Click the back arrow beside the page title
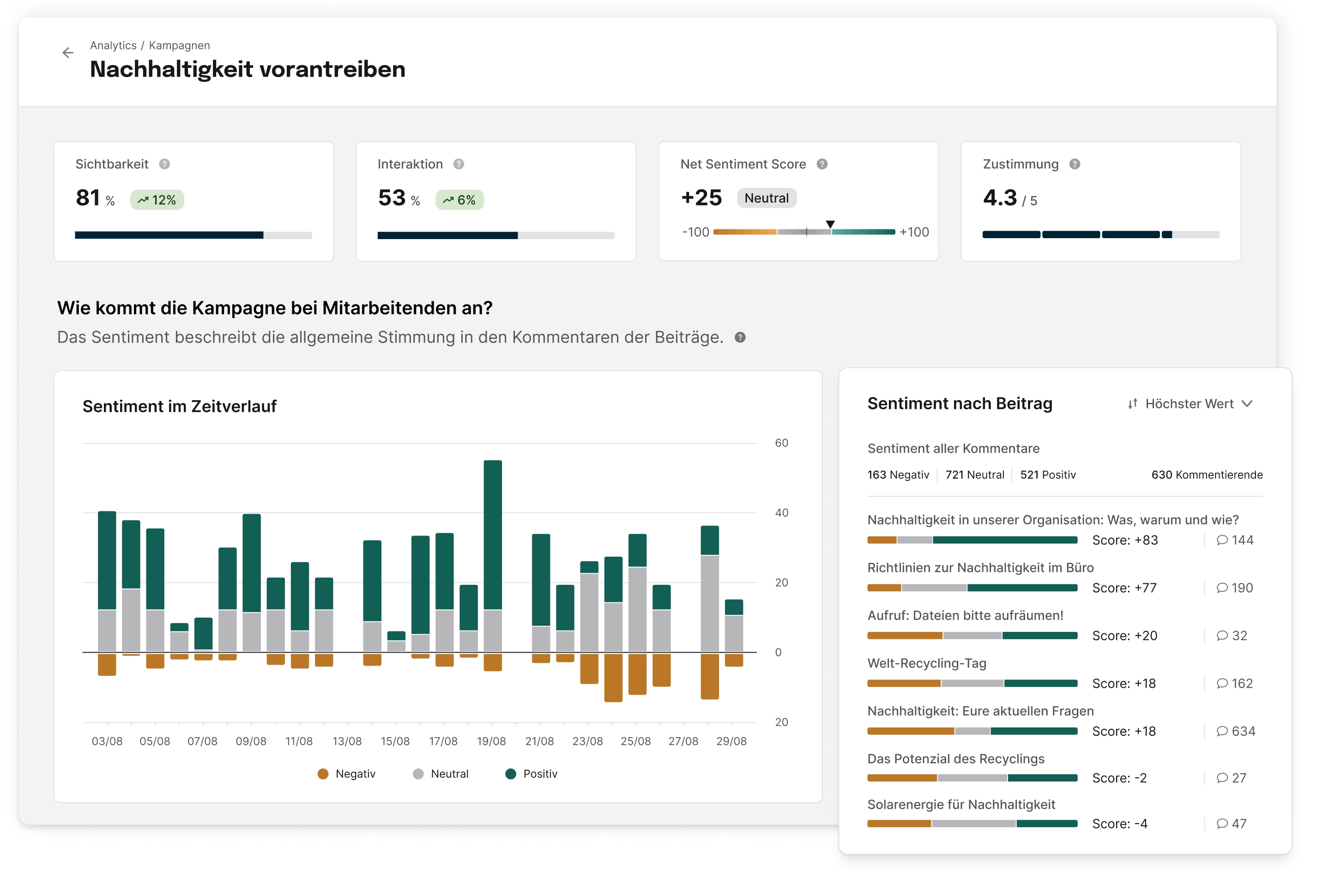pyautogui.click(x=68, y=53)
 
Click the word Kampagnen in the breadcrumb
pyautogui.click(x=179, y=45)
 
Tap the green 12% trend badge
pyautogui.click(x=157, y=200)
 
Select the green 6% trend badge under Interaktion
pyautogui.click(x=459, y=200)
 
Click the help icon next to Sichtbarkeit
pyautogui.click(x=164, y=164)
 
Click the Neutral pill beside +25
pyautogui.click(x=766, y=198)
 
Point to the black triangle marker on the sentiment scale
pyautogui.click(x=830, y=224)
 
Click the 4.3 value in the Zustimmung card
pyautogui.click(x=999, y=198)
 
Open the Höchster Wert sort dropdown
pyautogui.click(x=1190, y=404)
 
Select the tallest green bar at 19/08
pyautogui.click(x=492, y=534)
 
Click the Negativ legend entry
pyautogui.click(x=346, y=774)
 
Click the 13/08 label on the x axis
pyautogui.click(x=347, y=741)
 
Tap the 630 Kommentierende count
pyautogui.click(x=1206, y=475)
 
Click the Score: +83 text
pyautogui.click(x=1124, y=541)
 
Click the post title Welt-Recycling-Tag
pyautogui.click(x=926, y=663)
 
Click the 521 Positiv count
pyautogui.click(x=1047, y=475)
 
